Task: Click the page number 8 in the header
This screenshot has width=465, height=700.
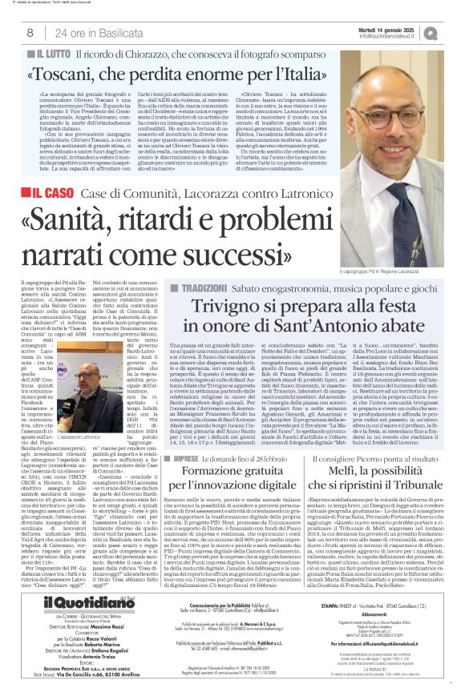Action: click(30, 33)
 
